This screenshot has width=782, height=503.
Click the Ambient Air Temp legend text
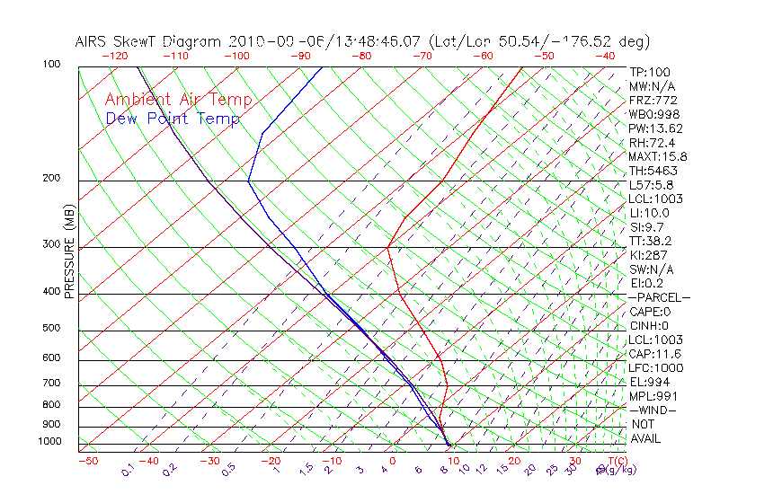point(179,100)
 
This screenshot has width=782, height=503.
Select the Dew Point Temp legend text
point(173,119)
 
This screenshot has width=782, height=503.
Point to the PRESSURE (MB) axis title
point(70,252)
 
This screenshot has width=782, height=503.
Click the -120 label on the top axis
point(114,56)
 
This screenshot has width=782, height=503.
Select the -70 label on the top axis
point(422,56)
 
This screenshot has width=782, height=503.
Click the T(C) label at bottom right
point(618,461)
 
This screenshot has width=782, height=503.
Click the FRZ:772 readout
point(653,101)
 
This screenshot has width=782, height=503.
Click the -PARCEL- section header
point(659,297)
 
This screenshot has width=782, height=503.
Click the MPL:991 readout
point(653,396)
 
